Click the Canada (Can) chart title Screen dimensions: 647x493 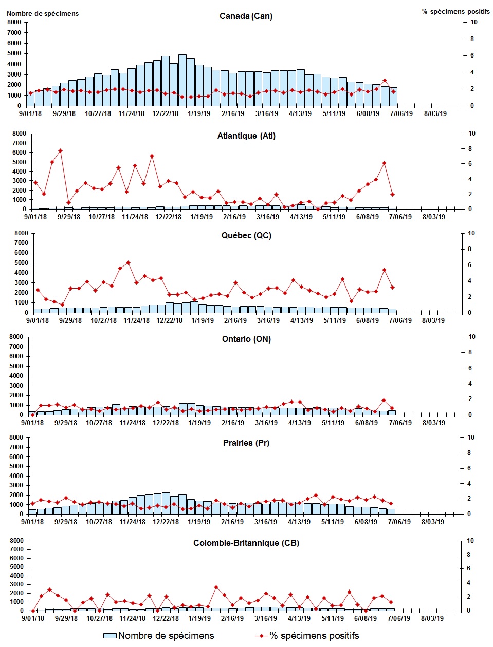[246, 16]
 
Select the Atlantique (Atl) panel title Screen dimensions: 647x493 [246, 136]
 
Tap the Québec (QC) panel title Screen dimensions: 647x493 [246, 236]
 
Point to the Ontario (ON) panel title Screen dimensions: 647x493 [246, 339]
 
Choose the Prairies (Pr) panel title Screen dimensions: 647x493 [246, 443]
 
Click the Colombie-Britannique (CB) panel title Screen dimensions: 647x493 [246, 543]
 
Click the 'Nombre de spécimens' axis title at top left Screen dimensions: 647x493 [43, 13]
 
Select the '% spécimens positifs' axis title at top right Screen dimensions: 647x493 [455, 11]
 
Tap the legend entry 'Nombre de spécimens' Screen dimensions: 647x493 [159, 636]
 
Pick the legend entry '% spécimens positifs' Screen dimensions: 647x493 [307, 636]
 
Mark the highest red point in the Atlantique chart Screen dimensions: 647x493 [60, 151]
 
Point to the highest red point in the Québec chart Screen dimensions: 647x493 [128, 263]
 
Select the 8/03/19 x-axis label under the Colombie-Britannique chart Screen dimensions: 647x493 [432, 618]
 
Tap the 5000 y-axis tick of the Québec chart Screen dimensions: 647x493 [21, 263]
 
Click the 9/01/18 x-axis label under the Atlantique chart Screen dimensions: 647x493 [35, 217]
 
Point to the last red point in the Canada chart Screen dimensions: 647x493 [393, 91]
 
